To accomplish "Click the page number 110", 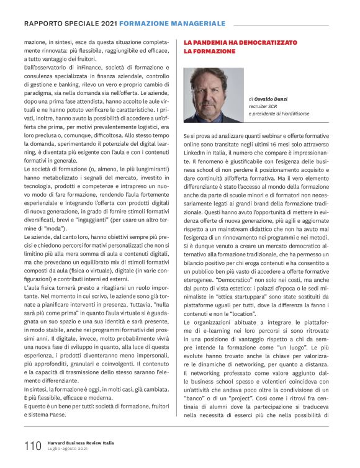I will point(32,445).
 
